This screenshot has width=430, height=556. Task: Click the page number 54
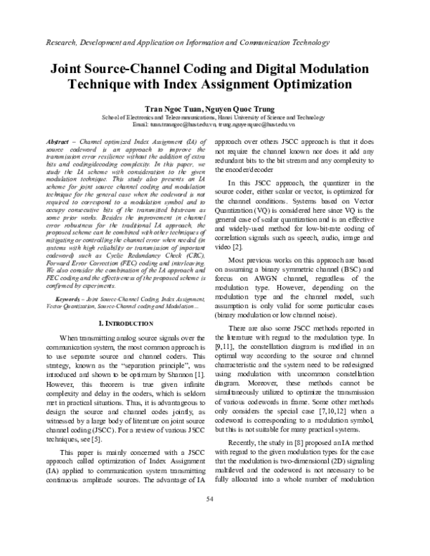point(215,538)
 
